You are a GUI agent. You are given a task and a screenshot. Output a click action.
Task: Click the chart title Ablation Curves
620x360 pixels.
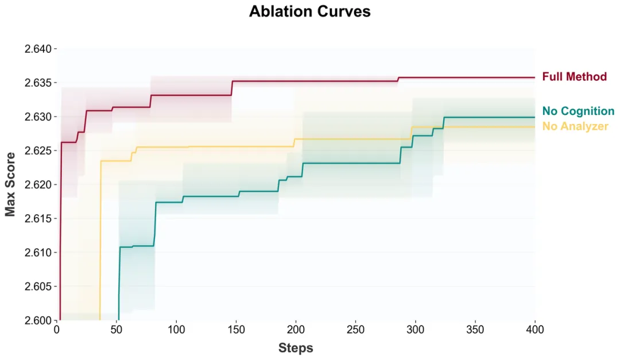[309, 11]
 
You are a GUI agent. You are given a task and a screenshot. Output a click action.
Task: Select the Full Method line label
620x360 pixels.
[574, 76]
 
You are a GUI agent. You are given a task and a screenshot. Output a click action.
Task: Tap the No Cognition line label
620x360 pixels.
[578, 111]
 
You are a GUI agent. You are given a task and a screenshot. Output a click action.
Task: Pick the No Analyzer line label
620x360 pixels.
[575, 126]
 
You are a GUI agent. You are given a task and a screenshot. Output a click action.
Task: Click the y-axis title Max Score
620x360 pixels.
[10, 184]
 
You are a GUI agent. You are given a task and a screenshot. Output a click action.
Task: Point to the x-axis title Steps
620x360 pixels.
[296, 347]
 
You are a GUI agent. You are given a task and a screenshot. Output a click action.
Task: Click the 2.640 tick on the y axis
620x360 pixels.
[38, 49]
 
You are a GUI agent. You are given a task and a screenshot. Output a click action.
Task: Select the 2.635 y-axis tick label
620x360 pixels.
[38, 83]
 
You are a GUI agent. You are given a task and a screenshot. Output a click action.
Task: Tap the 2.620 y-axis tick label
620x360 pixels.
[38, 185]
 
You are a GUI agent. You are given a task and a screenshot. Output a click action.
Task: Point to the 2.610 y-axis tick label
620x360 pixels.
[38, 253]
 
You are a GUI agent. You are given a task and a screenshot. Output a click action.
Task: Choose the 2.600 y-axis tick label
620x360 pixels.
[38, 320]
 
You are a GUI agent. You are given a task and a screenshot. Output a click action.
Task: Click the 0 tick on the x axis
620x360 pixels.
[57, 330]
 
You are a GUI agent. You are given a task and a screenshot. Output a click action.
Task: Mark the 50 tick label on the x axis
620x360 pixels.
[117, 330]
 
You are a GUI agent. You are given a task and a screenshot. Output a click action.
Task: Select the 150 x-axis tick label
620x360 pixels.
[236, 330]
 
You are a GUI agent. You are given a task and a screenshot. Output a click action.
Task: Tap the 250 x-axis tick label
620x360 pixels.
[355, 330]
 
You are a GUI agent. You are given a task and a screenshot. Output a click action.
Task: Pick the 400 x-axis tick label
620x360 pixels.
[534, 330]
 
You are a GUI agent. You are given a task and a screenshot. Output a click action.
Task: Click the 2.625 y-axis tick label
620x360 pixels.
[38, 151]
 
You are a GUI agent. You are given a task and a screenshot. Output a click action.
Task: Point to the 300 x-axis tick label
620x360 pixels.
[415, 330]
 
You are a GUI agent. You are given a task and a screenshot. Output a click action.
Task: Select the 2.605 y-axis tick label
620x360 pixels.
[38, 287]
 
